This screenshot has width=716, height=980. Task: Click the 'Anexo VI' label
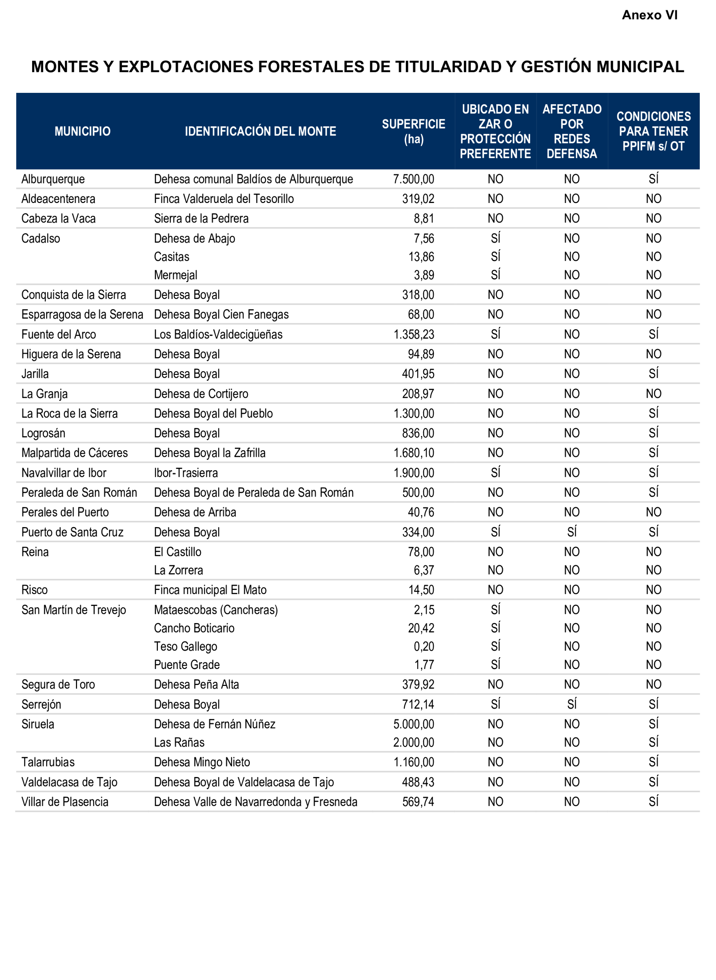click(x=649, y=15)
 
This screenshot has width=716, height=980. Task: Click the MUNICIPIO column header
click(x=82, y=131)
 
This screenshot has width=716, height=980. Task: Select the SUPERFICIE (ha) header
click(x=414, y=131)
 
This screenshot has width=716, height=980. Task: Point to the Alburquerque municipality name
click(x=53, y=179)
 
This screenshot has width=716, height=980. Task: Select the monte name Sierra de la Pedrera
click(x=201, y=218)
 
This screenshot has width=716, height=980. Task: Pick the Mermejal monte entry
click(x=176, y=275)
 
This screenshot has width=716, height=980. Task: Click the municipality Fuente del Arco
click(x=59, y=334)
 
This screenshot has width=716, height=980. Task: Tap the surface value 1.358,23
click(x=414, y=334)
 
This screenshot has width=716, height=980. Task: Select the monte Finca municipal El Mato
click(x=210, y=590)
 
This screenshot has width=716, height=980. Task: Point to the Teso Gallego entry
click(x=185, y=646)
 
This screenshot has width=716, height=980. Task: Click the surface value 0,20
click(x=424, y=646)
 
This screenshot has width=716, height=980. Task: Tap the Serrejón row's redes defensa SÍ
click(x=572, y=704)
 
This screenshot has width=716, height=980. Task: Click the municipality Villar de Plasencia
click(x=65, y=802)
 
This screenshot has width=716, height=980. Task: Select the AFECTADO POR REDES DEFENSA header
click(x=572, y=131)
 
